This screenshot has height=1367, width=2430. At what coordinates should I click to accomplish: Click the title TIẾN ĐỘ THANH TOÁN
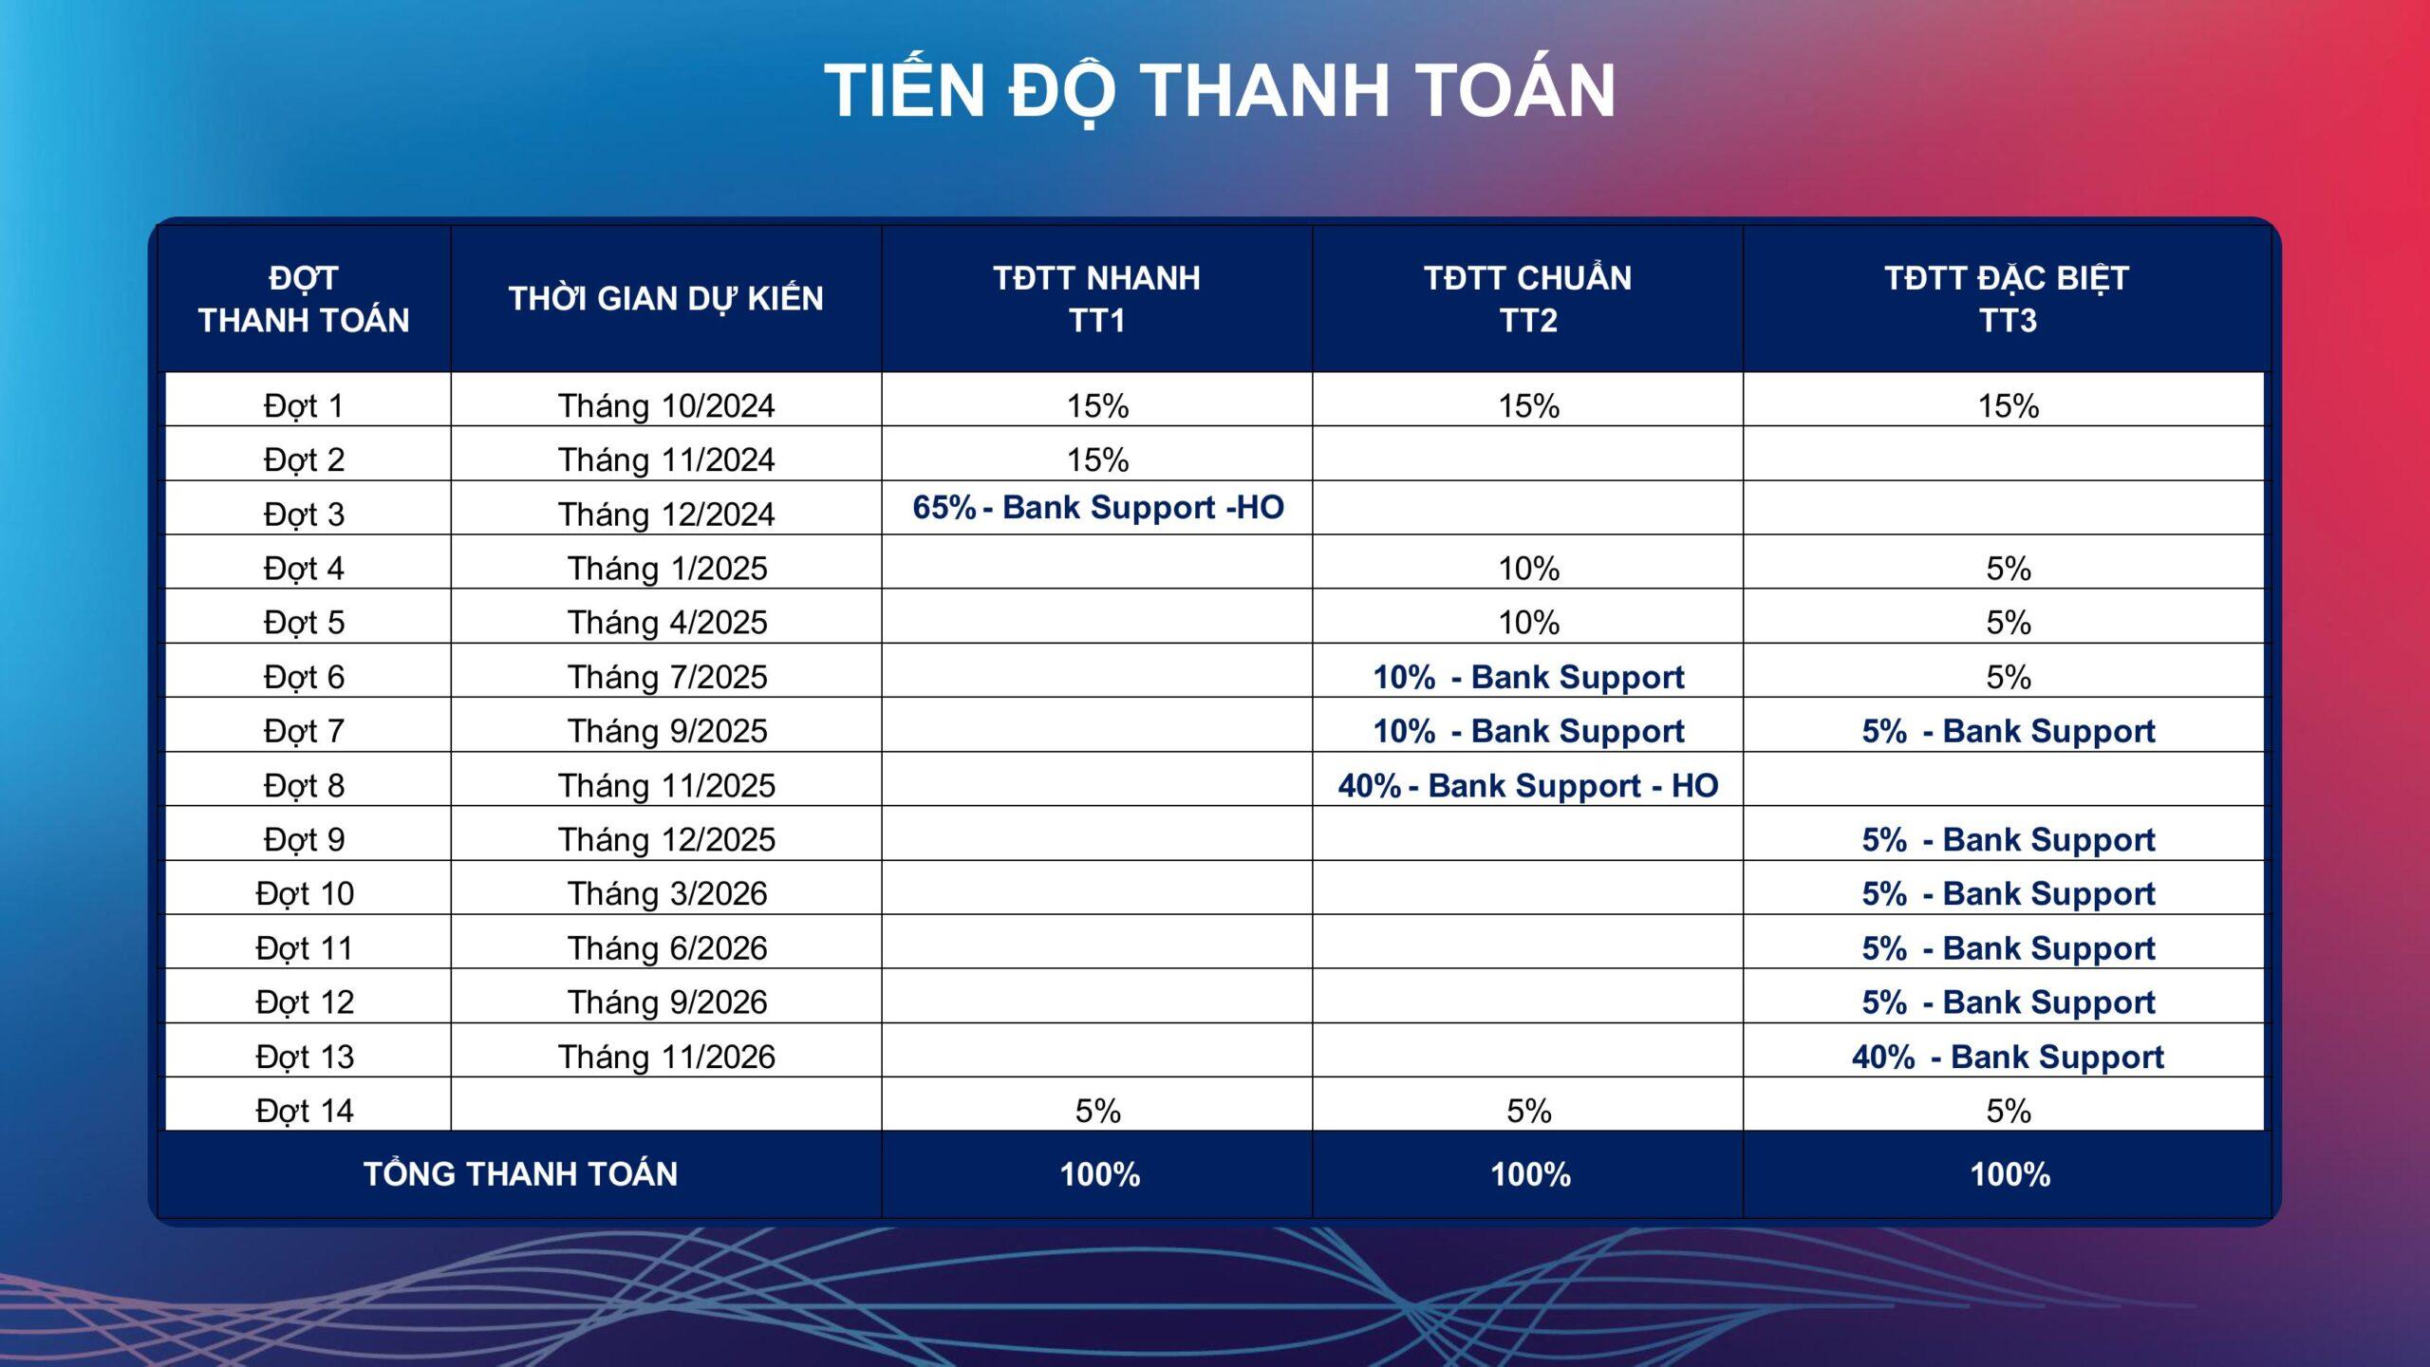pyautogui.click(x=1219, y=91)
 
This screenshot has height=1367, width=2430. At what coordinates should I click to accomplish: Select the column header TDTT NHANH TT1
pyautogui.click(x=1096, y=298)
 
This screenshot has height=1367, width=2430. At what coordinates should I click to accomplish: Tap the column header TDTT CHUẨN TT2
pyautogui.click(x=1527, y=298)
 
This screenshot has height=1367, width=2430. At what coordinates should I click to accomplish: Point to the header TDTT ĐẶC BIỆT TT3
pyautogui.click(x=2007, y=298)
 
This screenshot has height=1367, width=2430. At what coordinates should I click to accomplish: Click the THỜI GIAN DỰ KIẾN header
pyautogui.click(x=665, y=298)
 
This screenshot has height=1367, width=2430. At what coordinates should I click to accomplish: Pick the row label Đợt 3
pyautogui.click(x=304, y=514)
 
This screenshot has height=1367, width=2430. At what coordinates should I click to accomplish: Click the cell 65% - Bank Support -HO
pyautogui.click(x=1097, y=507)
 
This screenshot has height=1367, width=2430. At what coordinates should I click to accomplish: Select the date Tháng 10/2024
pyautogui.click(x=665, y=405)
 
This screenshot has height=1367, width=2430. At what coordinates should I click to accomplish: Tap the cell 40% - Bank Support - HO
pyautogui.click(x=1527, y=785)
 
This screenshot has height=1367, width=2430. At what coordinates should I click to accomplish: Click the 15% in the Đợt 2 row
pyautogui.click(x=1097, y=459)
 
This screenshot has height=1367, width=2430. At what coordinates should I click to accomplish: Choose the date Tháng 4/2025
pyautogui.click(x=666, y=622)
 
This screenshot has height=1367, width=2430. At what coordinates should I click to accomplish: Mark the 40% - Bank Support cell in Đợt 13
pyautogui.click(x=2007, y=1056)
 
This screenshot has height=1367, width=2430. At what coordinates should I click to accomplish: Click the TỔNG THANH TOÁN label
pyautogui.click(x=520, y=1173)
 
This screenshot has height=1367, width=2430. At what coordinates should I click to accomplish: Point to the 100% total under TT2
pyautogui.click(x=1529, y=1174)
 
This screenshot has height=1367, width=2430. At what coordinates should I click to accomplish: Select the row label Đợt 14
pyautogui.click(x=304, y=1110)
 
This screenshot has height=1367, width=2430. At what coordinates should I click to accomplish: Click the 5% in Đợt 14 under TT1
pyautogui.click(x=1097, y=1110)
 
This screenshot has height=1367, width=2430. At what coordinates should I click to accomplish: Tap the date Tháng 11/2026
pyautogui.click(x=665, y=1056)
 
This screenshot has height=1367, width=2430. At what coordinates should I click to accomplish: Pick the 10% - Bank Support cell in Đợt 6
pyautogui.click(x=1527, y=677)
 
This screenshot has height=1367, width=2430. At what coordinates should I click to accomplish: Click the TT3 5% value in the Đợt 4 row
pyautogui.click(x=2008, y=568)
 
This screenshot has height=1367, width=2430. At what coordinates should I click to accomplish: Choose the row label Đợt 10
pyautogui.click(x=304, y=893)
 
